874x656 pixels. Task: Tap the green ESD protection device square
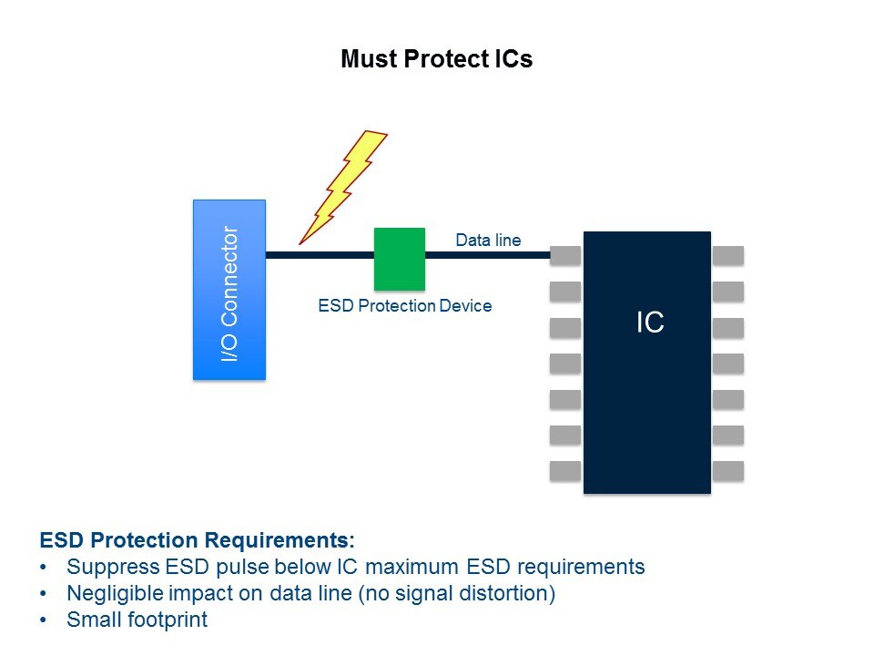point(400,259)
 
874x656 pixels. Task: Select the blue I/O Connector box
point(229,290)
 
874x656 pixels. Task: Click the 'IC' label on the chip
point(650,323)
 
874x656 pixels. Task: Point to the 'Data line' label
point(488,240)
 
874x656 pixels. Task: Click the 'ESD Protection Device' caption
point(404,306)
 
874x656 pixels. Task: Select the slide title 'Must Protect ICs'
point(436,58)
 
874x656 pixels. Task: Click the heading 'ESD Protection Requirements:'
point(198,540)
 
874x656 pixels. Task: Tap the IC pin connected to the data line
point(565,255)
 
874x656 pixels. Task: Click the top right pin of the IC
point(728,255)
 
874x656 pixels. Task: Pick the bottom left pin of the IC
point(565,471)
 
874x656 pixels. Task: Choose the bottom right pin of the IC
point(728,471)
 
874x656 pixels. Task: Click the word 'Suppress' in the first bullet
point(113,568)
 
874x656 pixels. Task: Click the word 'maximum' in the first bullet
point(412,567)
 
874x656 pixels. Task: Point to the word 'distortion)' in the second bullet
point(503,593)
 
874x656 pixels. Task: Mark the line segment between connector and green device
point(320,255)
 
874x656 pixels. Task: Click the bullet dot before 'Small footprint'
point(44,620)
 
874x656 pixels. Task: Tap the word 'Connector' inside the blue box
point(229,276)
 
